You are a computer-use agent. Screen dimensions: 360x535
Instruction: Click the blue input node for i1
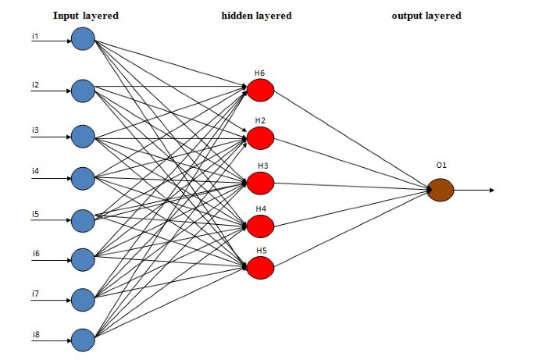pyautogui.click(x=83, y=37)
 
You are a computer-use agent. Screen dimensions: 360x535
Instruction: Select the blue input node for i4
pyautogui.click(x=83, y=178)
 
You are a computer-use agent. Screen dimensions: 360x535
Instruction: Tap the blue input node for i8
pyautogui.click(x=83, y=339)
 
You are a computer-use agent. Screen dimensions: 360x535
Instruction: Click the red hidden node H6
pyautogui.click(x=261, y=91)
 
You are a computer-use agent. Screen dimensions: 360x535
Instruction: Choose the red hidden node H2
pyautogui.click(x=261, y=138)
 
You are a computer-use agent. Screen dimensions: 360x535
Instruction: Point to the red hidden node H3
pyautogui.click(x=261, y=182)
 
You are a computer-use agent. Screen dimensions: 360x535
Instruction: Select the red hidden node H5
pyautogui.click(x=261, y=268)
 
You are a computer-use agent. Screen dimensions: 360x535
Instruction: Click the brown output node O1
pyautogui.click(x=440, y=190)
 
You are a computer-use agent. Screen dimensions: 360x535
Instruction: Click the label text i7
pyautogui.click(x=36, y=293)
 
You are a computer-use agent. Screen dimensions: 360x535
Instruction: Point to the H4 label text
pyautogui.click(x=260, y=209)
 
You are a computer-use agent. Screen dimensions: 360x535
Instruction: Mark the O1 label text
pyautogui.click(x=441, y=167)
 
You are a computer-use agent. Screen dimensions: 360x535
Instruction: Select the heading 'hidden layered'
pyautogui.click(x=257, y=15)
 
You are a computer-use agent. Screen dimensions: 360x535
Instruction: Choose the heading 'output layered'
pyautogui.click(x=426, y=15)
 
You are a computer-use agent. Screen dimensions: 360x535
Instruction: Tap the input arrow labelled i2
pyautogui.click(x=51, y=91)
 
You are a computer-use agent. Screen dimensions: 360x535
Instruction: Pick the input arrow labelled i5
pyautogui.click(x=51, y=220)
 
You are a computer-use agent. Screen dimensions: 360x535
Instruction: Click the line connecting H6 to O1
pyautogui.click(x=351, y=141)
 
